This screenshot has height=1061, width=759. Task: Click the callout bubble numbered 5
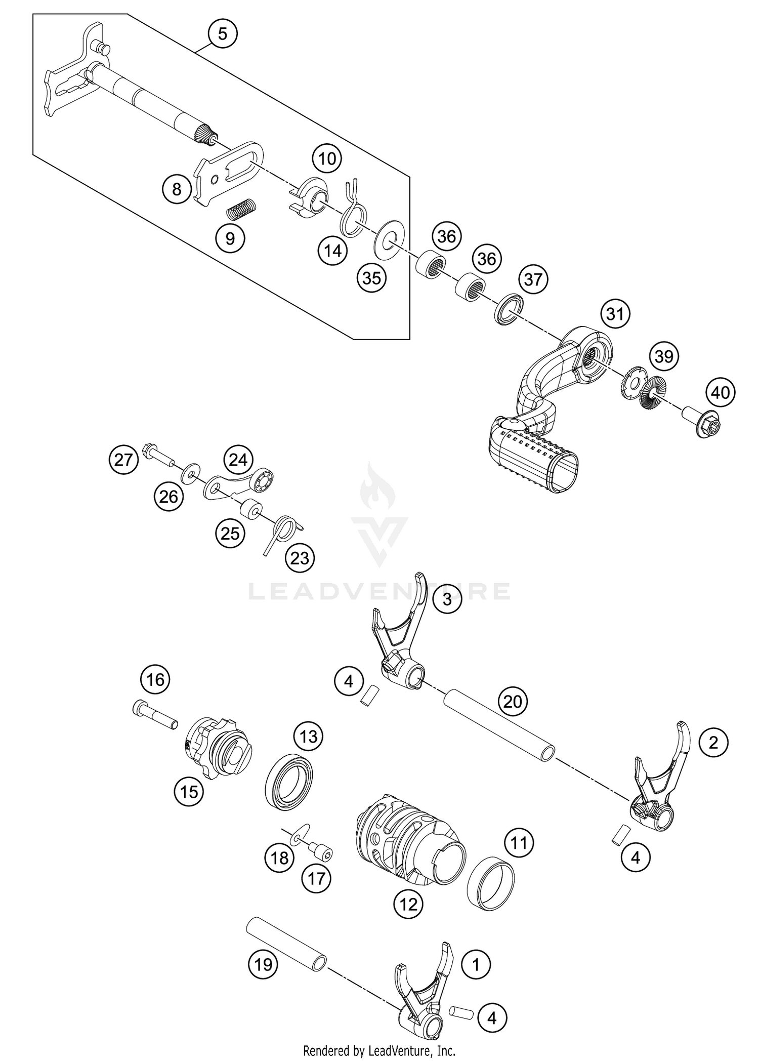[x=223, y=34]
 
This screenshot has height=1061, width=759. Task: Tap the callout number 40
[x=721, y=392]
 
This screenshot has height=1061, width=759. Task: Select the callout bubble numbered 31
[x=615, y=314]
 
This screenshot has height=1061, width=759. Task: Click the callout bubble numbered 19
[x=263, y=964]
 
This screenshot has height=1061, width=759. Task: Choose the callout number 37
[x=533, y=279]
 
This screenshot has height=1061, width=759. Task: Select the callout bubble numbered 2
[x=713, y=743]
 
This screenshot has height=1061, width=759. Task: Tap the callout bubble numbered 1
[x=476, y=964]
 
